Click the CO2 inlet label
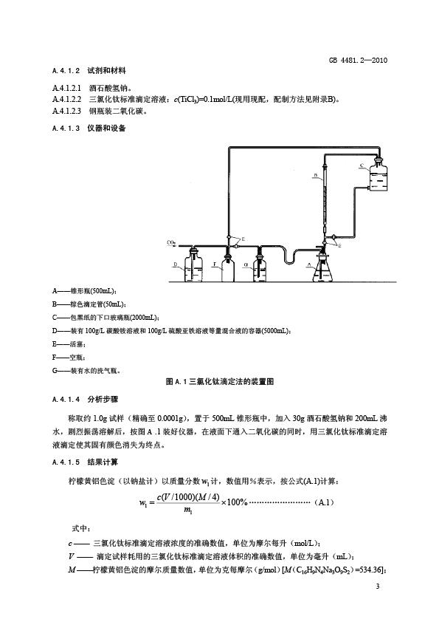171,242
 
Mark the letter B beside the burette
316,174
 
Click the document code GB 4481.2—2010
358,61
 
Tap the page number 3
378,587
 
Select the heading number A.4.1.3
66,128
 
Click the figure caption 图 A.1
176,382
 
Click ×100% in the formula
235,502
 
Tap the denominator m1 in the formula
188,510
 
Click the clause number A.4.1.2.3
66,111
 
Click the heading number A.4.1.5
66,462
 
